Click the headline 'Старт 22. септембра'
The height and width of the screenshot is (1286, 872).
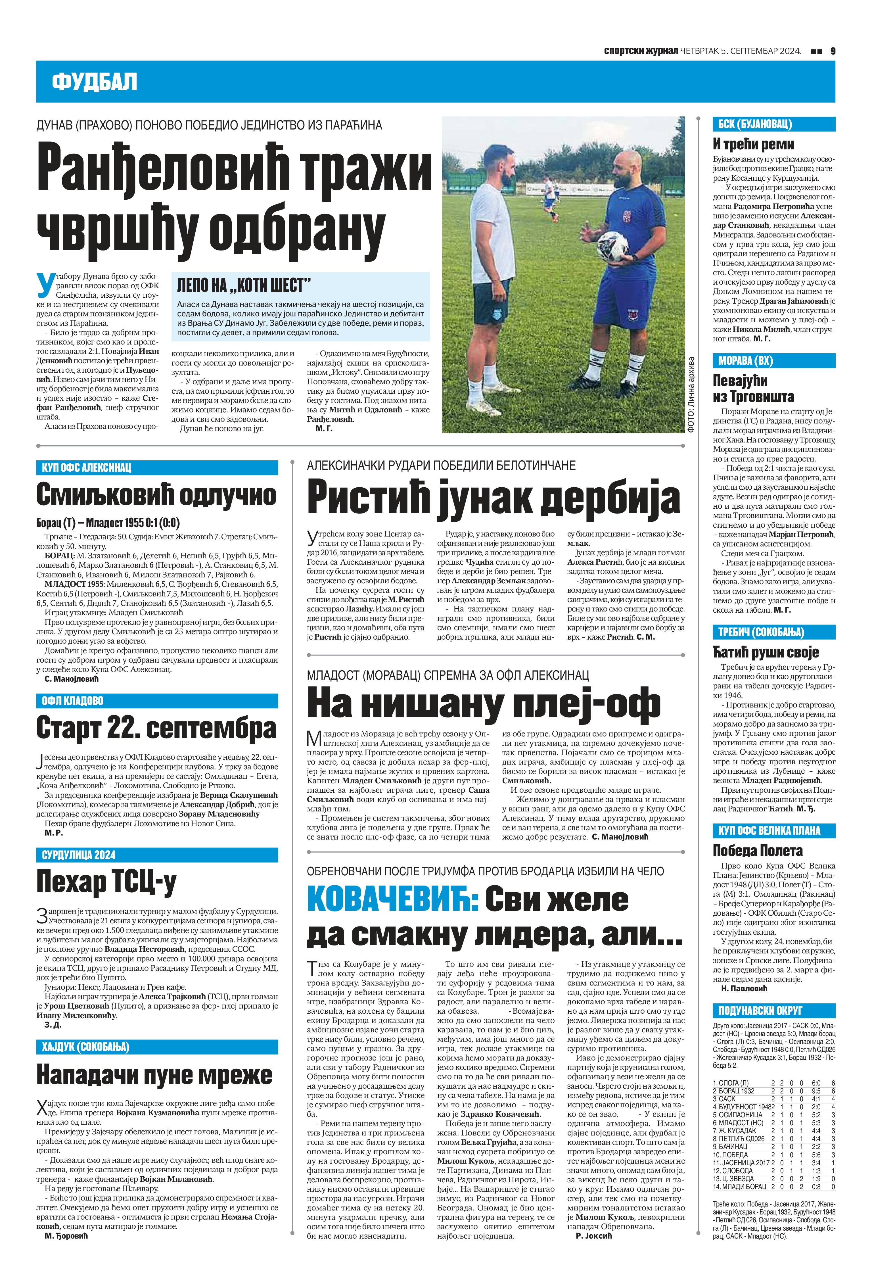click(x=156, y=728)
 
